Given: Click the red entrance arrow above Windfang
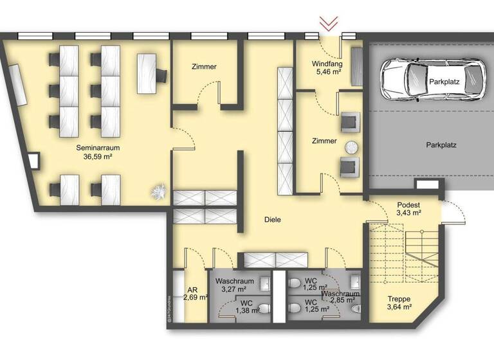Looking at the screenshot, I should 329,24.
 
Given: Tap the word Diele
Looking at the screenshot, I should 272,220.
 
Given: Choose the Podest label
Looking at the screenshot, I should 408,204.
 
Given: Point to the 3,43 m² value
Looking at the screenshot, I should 408,213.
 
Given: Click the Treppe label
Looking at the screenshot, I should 399,299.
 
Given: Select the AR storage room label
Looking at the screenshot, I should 192,290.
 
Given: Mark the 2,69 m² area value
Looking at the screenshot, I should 195,298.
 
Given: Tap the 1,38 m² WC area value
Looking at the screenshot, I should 247,310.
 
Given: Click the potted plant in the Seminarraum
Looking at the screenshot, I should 158,191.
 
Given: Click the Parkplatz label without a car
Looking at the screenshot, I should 441,145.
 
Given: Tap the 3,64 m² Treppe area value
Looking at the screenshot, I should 399,308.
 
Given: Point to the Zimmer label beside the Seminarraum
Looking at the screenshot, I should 204,67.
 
